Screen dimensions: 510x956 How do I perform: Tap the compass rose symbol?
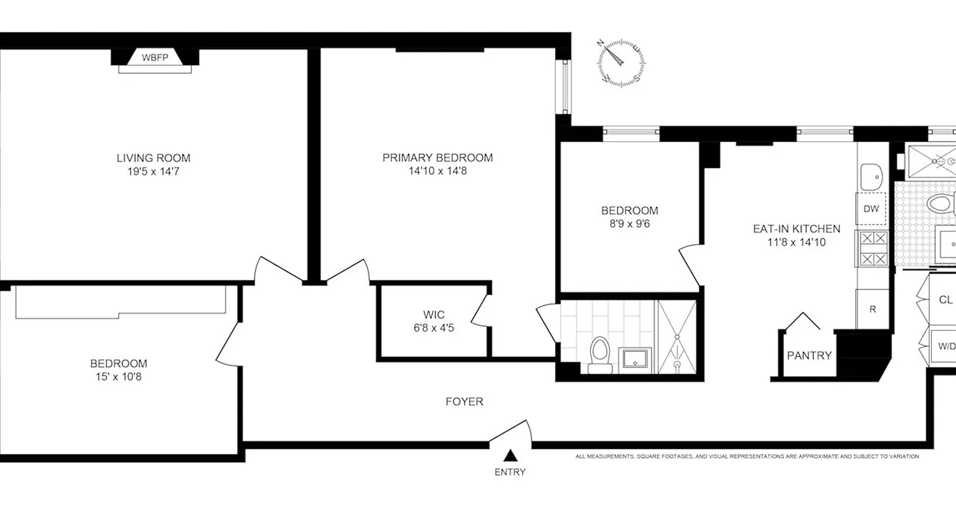click(x=621, y=62)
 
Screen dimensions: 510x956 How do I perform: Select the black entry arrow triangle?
click(x=510, y=455)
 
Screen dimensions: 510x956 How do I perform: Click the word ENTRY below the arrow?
click(x=510, y=472)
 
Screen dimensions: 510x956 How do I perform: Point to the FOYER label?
click(x=464, y=402)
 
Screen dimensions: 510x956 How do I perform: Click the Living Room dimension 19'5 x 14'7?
click(x=153, y=171)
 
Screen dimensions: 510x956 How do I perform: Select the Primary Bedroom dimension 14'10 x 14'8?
click(x=437, y=171)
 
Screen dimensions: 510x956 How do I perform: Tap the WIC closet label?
click(x=433, y=314)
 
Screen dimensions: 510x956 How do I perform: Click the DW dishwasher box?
click(x=871, y=208)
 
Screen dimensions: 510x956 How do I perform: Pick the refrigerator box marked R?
click(x=873, y=309)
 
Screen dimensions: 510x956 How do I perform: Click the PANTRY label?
click(x=809, y=355)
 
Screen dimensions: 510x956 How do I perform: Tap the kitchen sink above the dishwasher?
click(x=871, y=175)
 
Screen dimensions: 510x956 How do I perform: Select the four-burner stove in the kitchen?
click(x=873, y=248)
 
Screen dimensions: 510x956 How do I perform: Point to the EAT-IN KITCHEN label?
click(x=797, y=229)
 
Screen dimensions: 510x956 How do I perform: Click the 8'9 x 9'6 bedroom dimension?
click(x=629, y=224)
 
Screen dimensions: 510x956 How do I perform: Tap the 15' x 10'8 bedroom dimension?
click(x=119, y=377)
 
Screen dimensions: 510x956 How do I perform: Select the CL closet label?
click(x=945, y=300)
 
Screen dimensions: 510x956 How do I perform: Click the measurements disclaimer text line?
click(x=746, y=456)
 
